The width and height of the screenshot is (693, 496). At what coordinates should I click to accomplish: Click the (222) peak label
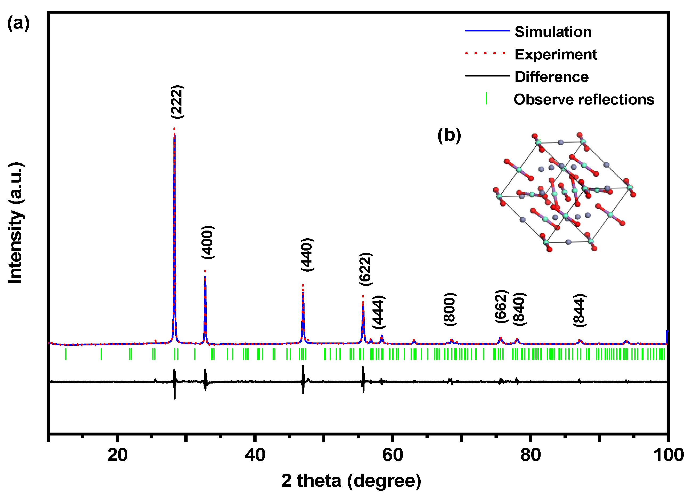point(177,102)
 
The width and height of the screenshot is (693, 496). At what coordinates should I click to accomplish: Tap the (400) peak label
point(208,242)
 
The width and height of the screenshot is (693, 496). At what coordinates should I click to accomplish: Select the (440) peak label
point(307,255)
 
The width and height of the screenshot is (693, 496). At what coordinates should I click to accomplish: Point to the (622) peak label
point(366,269)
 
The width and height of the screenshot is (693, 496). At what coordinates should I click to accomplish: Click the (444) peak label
point(379,312)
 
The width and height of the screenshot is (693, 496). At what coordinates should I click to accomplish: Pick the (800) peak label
point(450,309)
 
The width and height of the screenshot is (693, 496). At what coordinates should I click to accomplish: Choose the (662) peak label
point(501,306)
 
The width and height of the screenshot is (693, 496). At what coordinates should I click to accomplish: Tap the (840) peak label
point(519,309)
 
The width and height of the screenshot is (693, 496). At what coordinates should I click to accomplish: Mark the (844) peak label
point(579,310)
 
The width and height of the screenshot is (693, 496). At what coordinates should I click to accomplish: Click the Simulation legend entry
point(553,32)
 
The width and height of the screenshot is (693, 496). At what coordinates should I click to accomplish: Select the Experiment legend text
point(556,54)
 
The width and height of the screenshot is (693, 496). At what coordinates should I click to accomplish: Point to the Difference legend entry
point(551,77)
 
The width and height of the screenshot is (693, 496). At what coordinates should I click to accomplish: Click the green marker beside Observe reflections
point(486,99)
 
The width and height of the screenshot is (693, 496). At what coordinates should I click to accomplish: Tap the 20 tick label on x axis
point(117,455)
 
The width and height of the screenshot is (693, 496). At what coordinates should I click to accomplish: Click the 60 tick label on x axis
point(393,455)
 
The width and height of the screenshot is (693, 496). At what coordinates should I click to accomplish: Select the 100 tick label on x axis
point(668,455)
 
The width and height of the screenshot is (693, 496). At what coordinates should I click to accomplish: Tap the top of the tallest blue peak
point(174,134)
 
